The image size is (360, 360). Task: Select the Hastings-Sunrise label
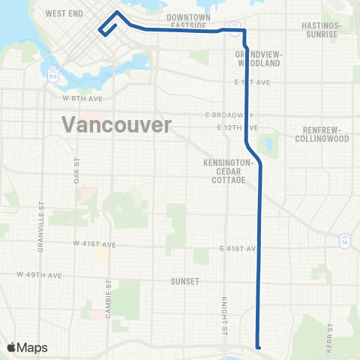(320, 29)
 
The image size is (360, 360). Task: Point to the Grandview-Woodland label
(257, 59)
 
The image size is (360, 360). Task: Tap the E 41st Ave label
(239, 248)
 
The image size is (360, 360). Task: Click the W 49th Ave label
(40, 275)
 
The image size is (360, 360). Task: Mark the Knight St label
(223, 313)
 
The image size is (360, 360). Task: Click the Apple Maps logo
(27, 347)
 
